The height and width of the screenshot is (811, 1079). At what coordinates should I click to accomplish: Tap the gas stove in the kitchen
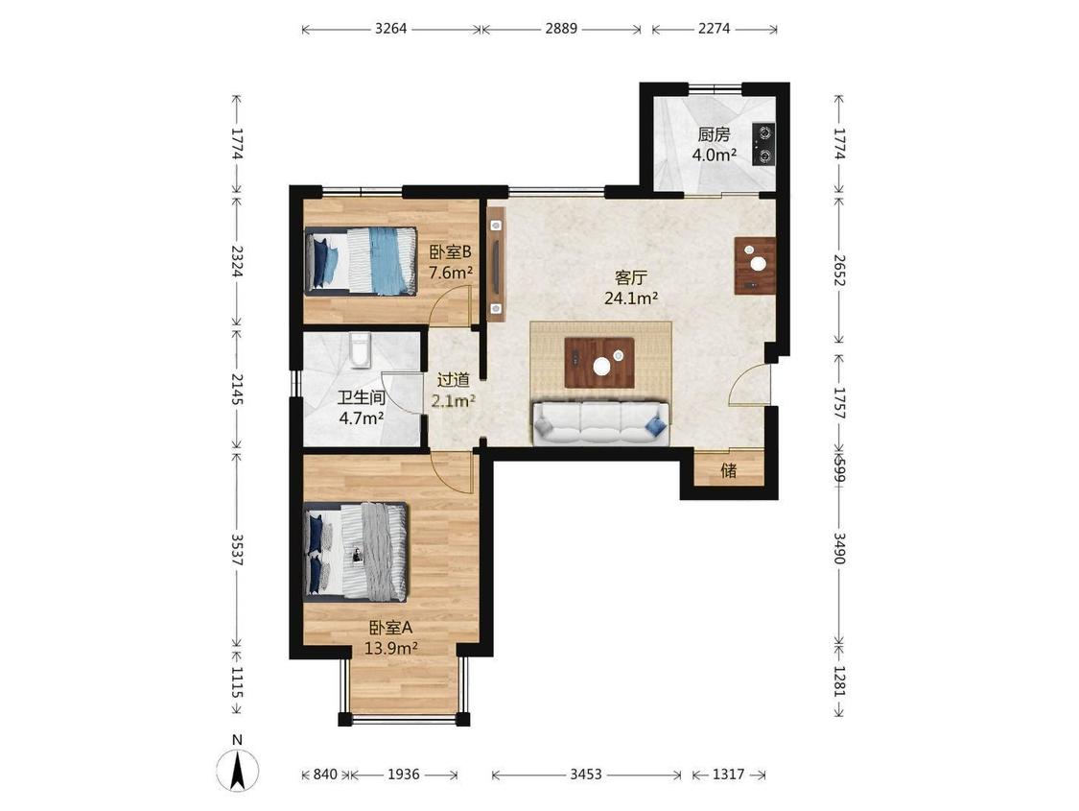[763, 144]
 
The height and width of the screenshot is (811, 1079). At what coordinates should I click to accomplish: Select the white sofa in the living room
[601, 423]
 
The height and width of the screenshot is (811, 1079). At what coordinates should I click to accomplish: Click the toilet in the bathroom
[360, 348]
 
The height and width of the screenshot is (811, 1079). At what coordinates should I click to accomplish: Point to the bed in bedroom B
[361, 261]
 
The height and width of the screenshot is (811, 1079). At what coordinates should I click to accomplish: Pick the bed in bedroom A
[356, 552]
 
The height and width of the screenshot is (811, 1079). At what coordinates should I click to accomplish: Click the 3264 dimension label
[391, 29]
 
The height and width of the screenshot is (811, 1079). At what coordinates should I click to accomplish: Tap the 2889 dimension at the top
[561, 29]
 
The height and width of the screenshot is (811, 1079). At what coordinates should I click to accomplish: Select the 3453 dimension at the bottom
[586, 775]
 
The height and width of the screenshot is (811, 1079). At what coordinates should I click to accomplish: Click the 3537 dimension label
[237, 550]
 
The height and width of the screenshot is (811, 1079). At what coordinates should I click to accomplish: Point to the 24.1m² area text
[631, 298]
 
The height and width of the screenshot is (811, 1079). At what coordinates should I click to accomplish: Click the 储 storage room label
[729, 470]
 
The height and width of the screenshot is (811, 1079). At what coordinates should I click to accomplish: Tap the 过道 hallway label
[454, 379]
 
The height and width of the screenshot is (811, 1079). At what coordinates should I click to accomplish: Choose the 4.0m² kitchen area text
[715, 155]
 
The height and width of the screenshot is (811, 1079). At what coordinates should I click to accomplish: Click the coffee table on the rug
[599, 363]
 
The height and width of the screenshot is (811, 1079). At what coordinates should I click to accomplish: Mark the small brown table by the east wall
[755, 266]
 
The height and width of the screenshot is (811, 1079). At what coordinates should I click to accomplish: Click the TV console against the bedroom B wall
[496, 264]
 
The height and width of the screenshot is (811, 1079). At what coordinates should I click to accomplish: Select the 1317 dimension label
[728, 775]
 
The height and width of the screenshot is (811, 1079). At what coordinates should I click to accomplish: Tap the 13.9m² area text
[391, 648]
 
